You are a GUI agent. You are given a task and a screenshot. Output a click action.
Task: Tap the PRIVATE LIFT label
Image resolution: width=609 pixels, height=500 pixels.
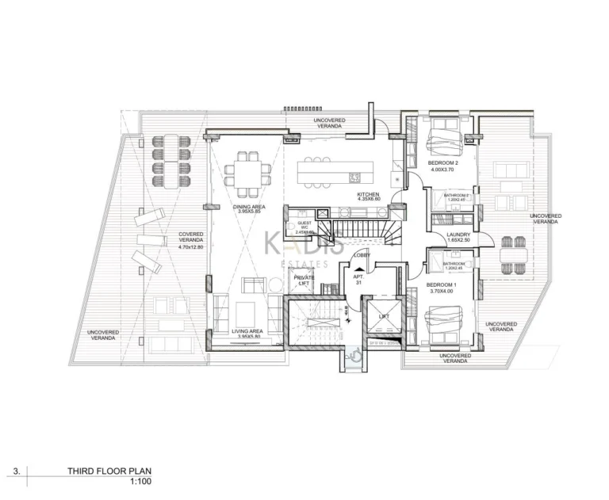click(304, 281)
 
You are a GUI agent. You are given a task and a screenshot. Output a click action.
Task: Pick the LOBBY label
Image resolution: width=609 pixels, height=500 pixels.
click(362, 254)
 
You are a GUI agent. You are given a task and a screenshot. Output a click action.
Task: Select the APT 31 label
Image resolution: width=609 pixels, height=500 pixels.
click(358, 280)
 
